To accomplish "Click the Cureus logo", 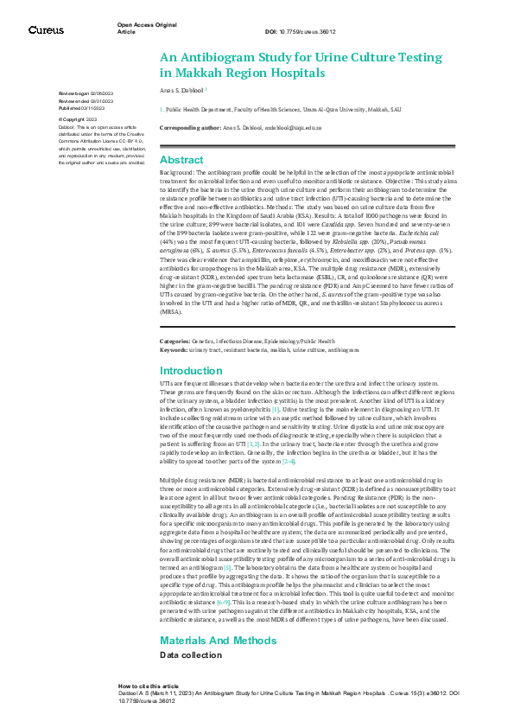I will click(x=45, y=30).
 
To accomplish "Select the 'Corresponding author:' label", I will click(x=190, y=127).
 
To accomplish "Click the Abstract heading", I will click(x=182, y=161).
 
